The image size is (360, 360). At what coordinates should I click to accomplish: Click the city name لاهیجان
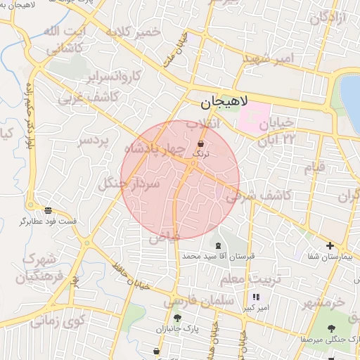[x=224, y=102]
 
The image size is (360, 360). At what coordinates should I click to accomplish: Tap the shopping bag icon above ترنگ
[x=201, y=143]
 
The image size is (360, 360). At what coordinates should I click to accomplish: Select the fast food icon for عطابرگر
[x=48, y=210]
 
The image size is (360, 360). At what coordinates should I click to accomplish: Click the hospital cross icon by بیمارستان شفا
[x=330, y=245]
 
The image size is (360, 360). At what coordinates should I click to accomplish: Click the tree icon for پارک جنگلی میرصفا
[x=330, y=328]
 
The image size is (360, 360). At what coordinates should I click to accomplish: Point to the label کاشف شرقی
[x=252, y=195]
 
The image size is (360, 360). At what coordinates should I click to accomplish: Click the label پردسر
[x=94, y=140]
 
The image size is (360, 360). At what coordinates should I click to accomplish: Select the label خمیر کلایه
[x=134, y=33]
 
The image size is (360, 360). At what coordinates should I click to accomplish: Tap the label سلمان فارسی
[x=198, y=301]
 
